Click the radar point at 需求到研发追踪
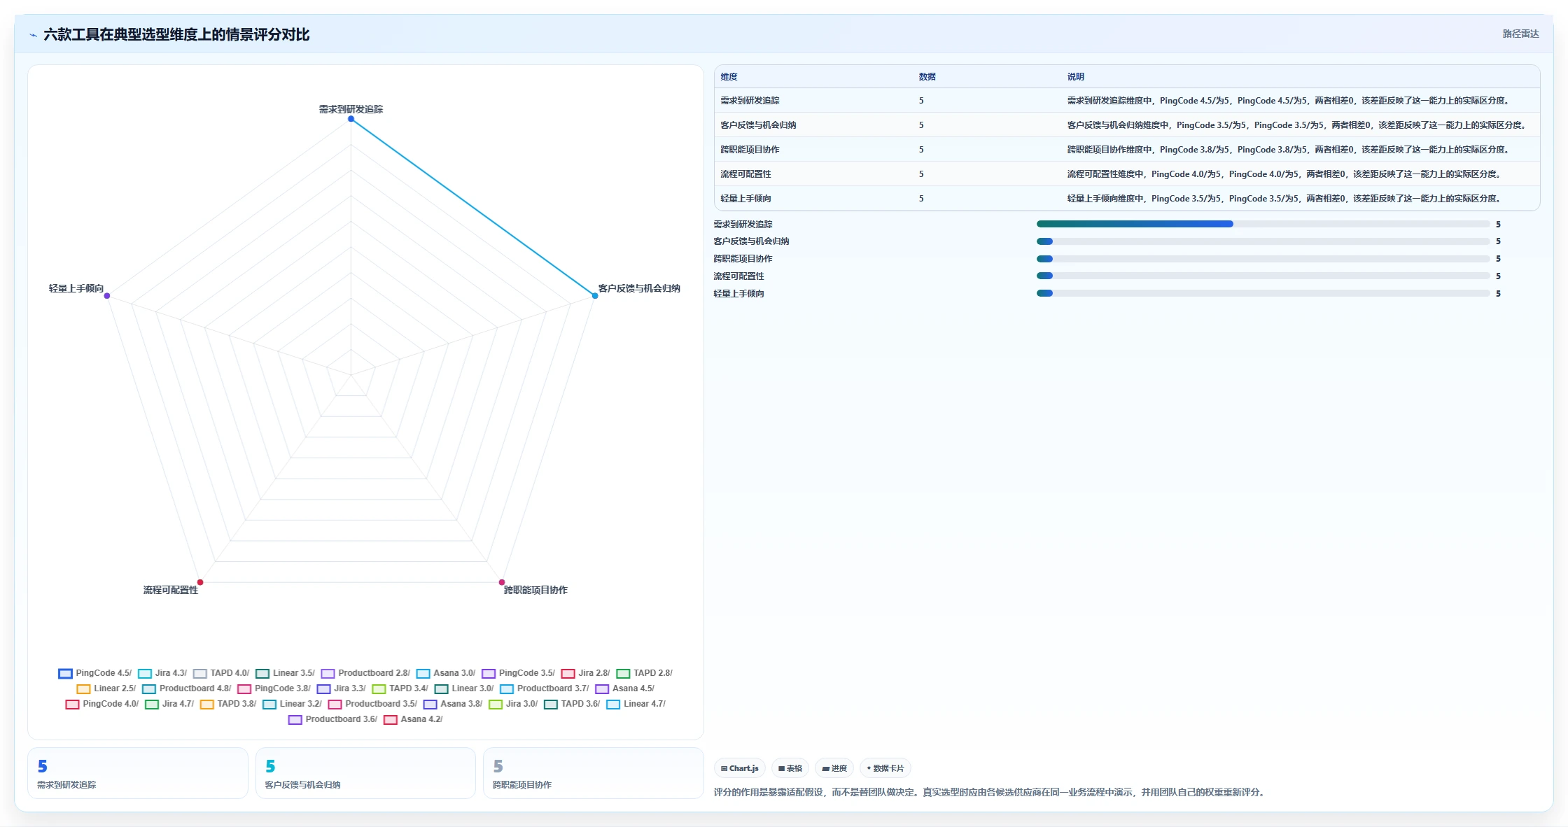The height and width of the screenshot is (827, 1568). pyautogui.click(x=351, y=119)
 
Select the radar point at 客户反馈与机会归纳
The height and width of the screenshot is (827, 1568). pyautogui.click(x=595, y=296)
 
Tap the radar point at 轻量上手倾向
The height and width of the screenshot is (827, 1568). pyautogui.click(x=107, y=296)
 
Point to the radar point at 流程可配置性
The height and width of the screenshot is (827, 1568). pyautogui.click(x=200, y=582)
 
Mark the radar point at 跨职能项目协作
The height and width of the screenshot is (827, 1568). pyautogui.click(x=502, y=582)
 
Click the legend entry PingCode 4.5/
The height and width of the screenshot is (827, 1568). pyautogui.click(x=95, y=673)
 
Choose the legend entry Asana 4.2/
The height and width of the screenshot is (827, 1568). pyautogui.click(x=413, y=719)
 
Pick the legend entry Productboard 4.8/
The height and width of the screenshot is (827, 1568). pyautogui.click(x=186, y=688)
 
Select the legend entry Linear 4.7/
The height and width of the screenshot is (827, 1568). pyautogui.click(x=636, y=704)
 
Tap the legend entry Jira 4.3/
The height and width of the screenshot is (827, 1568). pyautogui.click(x=162, y=673)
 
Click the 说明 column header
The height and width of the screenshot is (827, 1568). pyautogui.click(x=1076, y=77)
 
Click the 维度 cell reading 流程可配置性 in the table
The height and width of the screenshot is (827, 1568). pyautogui.click(x=745, y=174)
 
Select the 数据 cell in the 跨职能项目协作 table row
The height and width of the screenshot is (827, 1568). pyautogui.click(x=921, y=150)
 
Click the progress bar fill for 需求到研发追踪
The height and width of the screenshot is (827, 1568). pyautogui.click(x=1135, y=224)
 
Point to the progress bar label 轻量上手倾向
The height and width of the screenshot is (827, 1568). pyautogui.click(x=738, y=294)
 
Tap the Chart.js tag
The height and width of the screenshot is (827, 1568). pyautogui.click(x=740, y=768)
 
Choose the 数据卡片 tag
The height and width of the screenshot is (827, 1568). pyautogui.click(x=885, y=768)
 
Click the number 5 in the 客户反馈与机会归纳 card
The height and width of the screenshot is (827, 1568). pyautogui.click(x=270, y=766)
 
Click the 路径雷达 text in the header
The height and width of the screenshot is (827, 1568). pyautogui.click(x=1520, y=34)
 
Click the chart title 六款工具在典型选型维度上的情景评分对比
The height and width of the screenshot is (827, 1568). pyautogui.click(x=176, y=34)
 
